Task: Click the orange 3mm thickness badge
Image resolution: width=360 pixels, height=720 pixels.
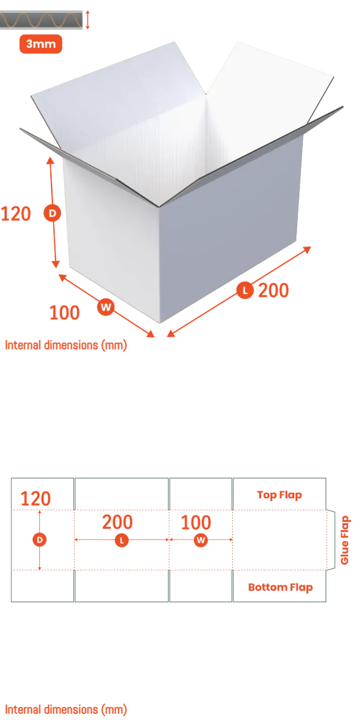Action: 41,44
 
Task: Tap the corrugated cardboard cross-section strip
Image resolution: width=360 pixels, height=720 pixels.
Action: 41,20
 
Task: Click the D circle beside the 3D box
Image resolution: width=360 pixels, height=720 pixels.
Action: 52,213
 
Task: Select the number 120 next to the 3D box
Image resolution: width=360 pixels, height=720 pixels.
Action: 16,214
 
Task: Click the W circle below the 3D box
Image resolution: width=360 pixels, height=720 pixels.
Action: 106,307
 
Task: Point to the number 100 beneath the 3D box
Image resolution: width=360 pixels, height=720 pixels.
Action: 64,313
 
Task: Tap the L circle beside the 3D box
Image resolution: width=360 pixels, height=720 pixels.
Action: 245,290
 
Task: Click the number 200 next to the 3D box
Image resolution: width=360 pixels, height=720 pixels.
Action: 274,290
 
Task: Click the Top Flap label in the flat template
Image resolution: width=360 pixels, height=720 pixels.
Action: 279,495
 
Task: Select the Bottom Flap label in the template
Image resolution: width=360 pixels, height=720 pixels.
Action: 280,588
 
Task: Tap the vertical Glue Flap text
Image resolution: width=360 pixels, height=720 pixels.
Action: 344,540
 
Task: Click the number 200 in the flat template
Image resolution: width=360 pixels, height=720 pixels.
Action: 117,522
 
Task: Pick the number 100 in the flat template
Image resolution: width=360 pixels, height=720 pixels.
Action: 196,522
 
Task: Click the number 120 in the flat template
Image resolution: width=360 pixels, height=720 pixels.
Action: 36,499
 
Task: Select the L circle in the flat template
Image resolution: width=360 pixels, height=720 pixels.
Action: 121,540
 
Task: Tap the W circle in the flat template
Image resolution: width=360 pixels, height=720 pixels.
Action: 201,540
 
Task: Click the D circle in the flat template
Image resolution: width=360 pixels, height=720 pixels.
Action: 40,540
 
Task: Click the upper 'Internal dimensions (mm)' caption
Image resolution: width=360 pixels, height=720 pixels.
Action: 66,345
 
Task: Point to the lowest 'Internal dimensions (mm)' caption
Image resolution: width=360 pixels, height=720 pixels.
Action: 66,710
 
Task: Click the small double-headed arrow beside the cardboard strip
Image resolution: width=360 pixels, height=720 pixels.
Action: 87,20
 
